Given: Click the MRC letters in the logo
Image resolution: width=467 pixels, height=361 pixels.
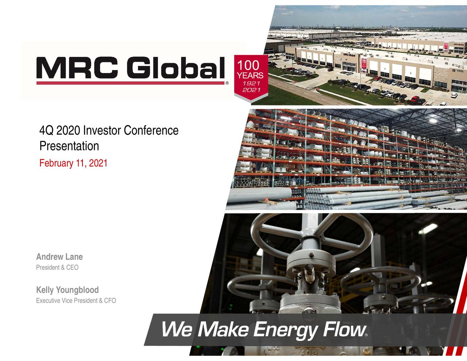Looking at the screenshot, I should pyautogui.click(x=78, y=68).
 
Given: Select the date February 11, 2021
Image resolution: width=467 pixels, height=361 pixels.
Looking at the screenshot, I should pyautogui.click(x=73, y=163).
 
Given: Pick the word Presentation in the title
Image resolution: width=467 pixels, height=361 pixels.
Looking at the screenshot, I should pyautogui.click(x=69, y=146).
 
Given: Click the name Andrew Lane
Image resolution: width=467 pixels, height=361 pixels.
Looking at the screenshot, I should pyautogui.click(x=59, y=257).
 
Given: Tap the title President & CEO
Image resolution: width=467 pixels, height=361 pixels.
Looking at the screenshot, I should pyautogui.click(x=57, y=268).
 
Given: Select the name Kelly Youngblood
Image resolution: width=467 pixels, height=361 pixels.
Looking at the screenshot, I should pyautogui.click(x=67, y=290).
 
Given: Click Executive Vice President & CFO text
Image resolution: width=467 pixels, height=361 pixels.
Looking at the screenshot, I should pyautogui.click(x=76, y=300).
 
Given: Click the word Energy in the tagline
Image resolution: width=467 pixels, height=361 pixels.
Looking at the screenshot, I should pyautogui.click(x=285, y=330).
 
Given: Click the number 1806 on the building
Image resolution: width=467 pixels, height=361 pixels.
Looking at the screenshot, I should pyautogui.click(x=460, y=71).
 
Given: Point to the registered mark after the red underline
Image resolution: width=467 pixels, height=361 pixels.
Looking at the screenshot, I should pyautogui.click(x=227, y=83).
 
